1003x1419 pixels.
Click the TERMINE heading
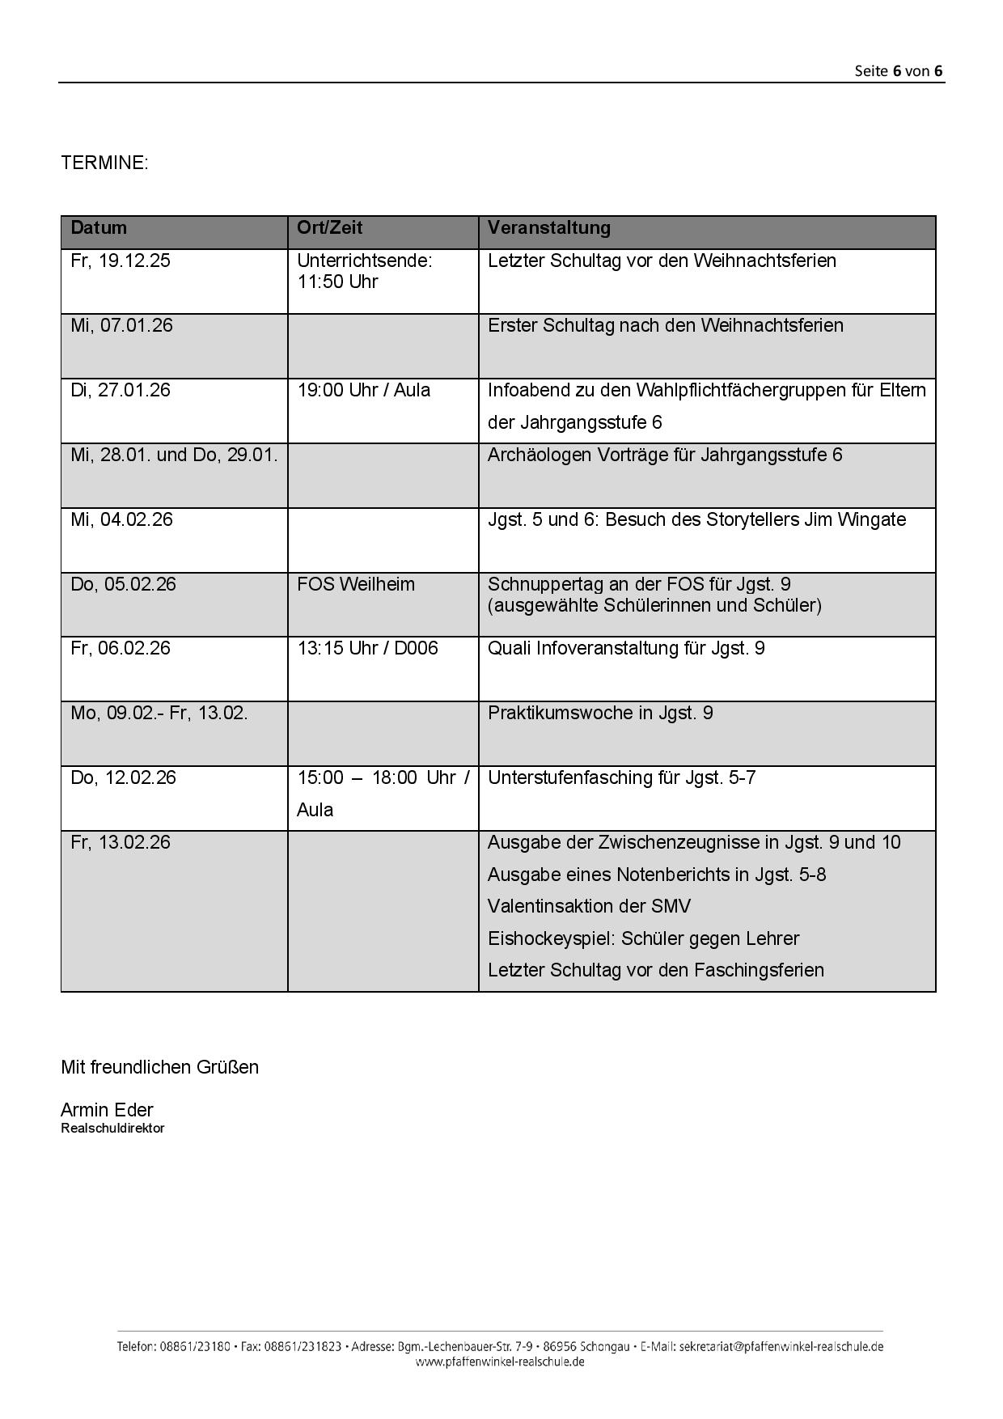(x=104, y=163)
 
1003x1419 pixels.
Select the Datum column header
(x=99, y=227)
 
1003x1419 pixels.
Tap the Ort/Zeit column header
(x=329, y=227)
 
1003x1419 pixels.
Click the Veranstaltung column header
(x=548, y=227)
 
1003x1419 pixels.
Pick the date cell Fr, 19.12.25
(x=121, y=261)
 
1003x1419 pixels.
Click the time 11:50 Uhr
(x=337, y=282)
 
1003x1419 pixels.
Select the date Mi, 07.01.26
(x=121, y=325)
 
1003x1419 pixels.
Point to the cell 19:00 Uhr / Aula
(x=363, y=390)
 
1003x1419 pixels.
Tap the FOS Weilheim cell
(x=355, y=584)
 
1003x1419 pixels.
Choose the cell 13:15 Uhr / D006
(x=367, y=648)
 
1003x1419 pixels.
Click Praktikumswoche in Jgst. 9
(x=599, y=713)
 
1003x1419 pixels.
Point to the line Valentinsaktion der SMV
(x=589, y=906)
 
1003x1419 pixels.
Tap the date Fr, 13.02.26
(x=121, y=842)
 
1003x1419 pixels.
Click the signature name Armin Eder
(x=107, y=1110)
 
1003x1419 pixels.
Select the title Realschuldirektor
(x=112, y=1129)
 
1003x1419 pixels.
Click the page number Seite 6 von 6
(x=898, y=70)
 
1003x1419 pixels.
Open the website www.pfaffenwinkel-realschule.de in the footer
(x=500, y=1362)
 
